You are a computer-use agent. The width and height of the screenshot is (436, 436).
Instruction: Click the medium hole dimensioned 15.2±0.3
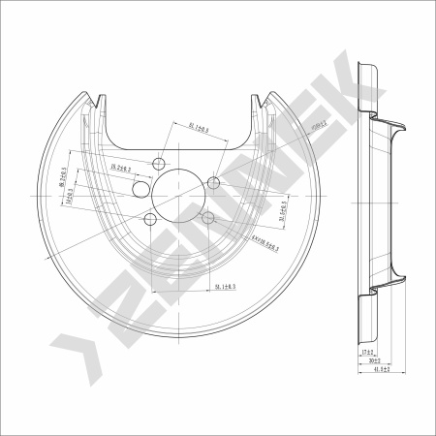point(141,189)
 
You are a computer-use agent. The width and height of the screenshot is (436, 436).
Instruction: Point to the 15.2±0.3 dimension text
point(121,170)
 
